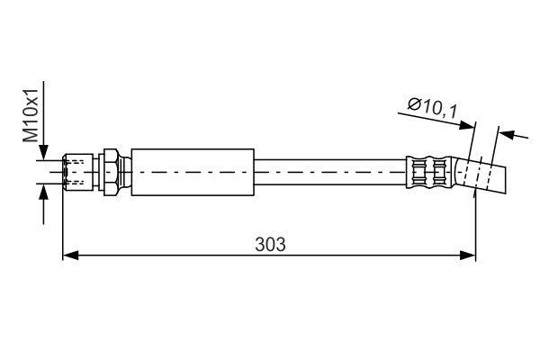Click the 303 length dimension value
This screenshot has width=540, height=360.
tap(270, 245)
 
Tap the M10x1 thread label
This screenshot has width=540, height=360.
tap(31, 115)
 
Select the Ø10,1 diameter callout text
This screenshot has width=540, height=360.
tap(433, 107)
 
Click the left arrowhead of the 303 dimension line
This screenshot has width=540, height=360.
tap(70, 256)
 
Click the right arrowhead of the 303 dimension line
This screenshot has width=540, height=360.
tap(467, 256)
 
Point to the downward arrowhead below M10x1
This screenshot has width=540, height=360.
tap(43, 152)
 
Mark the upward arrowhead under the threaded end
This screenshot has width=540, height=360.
tap(43, 192)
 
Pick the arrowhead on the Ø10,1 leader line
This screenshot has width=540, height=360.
tap(467, 125)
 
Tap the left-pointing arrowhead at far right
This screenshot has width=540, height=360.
tap(508, 134)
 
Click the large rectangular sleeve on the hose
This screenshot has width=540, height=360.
tap(193, 172)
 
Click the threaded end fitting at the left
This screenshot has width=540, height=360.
tap(78, 172)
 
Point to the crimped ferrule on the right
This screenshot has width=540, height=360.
tap(428, 172)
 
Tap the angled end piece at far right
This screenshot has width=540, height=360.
tap(481, 175)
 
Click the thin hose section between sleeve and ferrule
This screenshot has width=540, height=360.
tap(330, 172)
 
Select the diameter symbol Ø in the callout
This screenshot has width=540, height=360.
tap(414, 103)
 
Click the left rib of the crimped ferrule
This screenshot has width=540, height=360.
tap(419, 172)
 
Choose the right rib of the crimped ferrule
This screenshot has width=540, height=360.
tap(439, 172)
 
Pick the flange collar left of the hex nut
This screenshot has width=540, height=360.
tap(101, 172)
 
